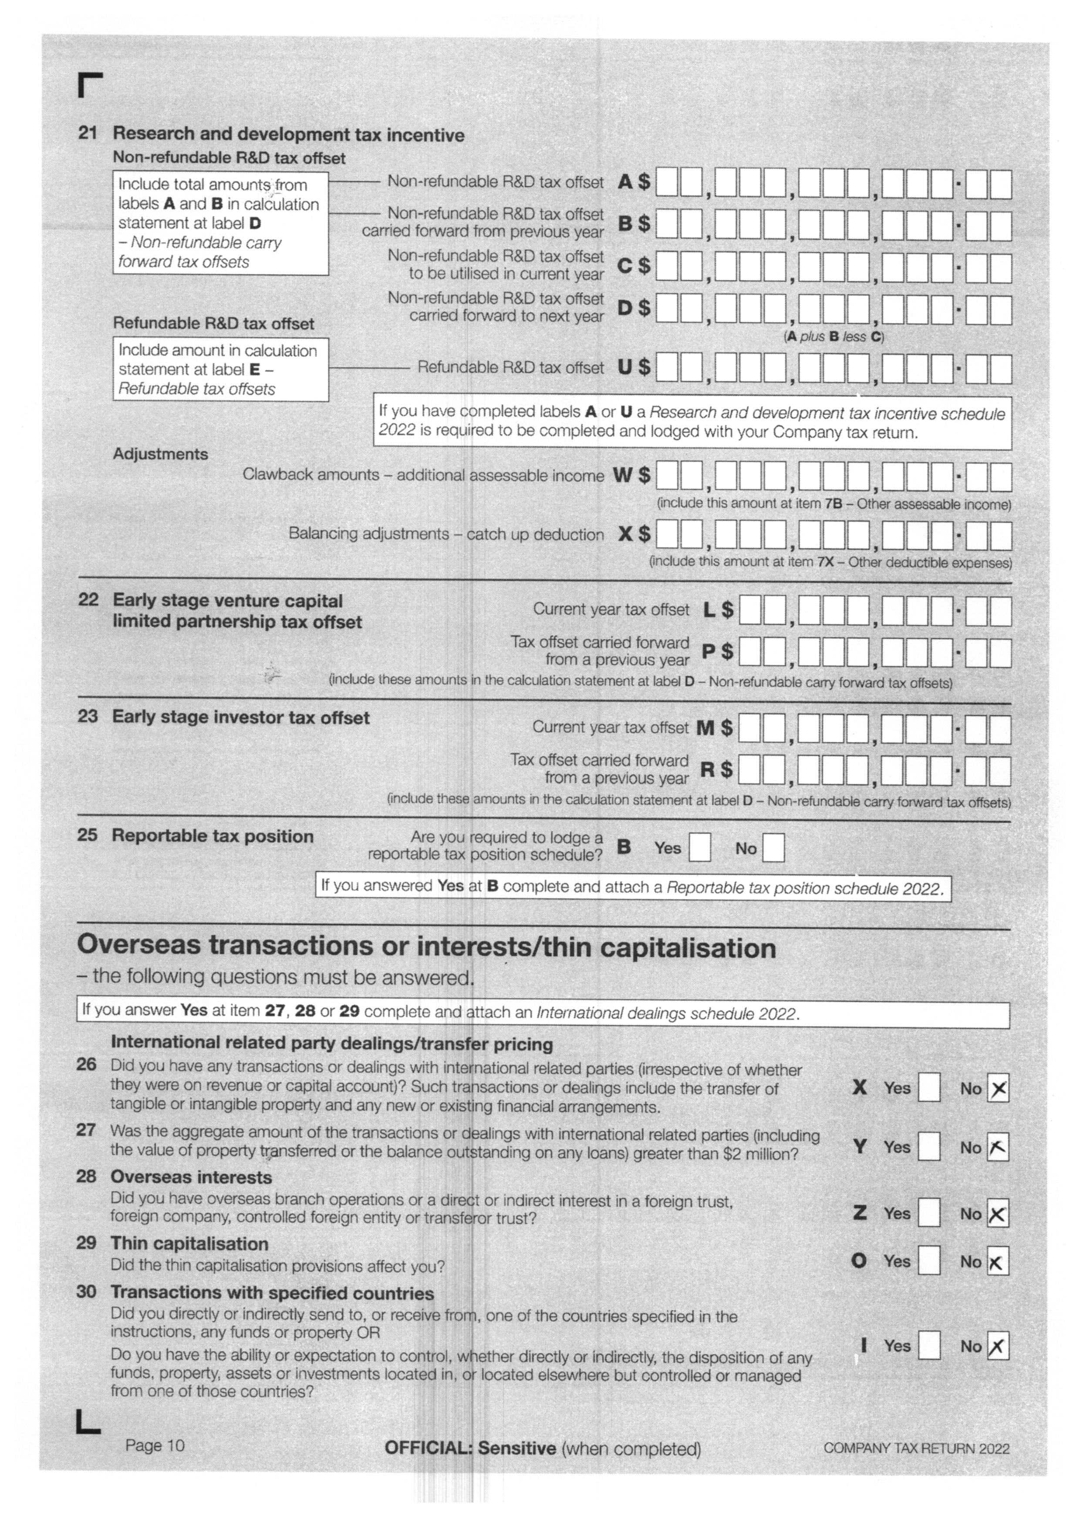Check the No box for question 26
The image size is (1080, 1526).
tap(998, 1089)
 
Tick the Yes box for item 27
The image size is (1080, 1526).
tap(929, 1147)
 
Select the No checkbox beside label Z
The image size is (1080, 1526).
tap(998, 1214)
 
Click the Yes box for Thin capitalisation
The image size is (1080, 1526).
tap(929, 1261)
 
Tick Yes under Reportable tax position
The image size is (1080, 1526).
tap(700, 848)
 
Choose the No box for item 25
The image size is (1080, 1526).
tap(773, 848)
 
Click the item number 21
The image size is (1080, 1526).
tap(88, 133)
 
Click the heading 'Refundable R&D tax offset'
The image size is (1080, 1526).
tap(213, 324)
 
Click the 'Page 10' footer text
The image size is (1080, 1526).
tap(154, 1446)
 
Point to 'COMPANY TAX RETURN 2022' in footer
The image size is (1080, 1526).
tap(916, 1448)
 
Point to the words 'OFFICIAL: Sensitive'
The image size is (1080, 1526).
tap(470, 1448)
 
